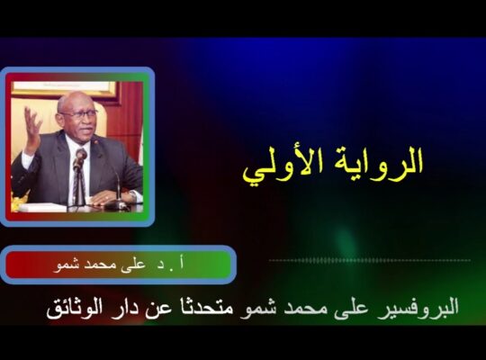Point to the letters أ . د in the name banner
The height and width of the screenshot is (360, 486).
(x=171, y=265)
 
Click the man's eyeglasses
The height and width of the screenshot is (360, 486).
(x=80, y=112)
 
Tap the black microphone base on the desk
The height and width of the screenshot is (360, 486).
(x=116, y=205)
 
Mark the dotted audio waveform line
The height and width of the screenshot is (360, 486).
(x=370, y=260)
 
